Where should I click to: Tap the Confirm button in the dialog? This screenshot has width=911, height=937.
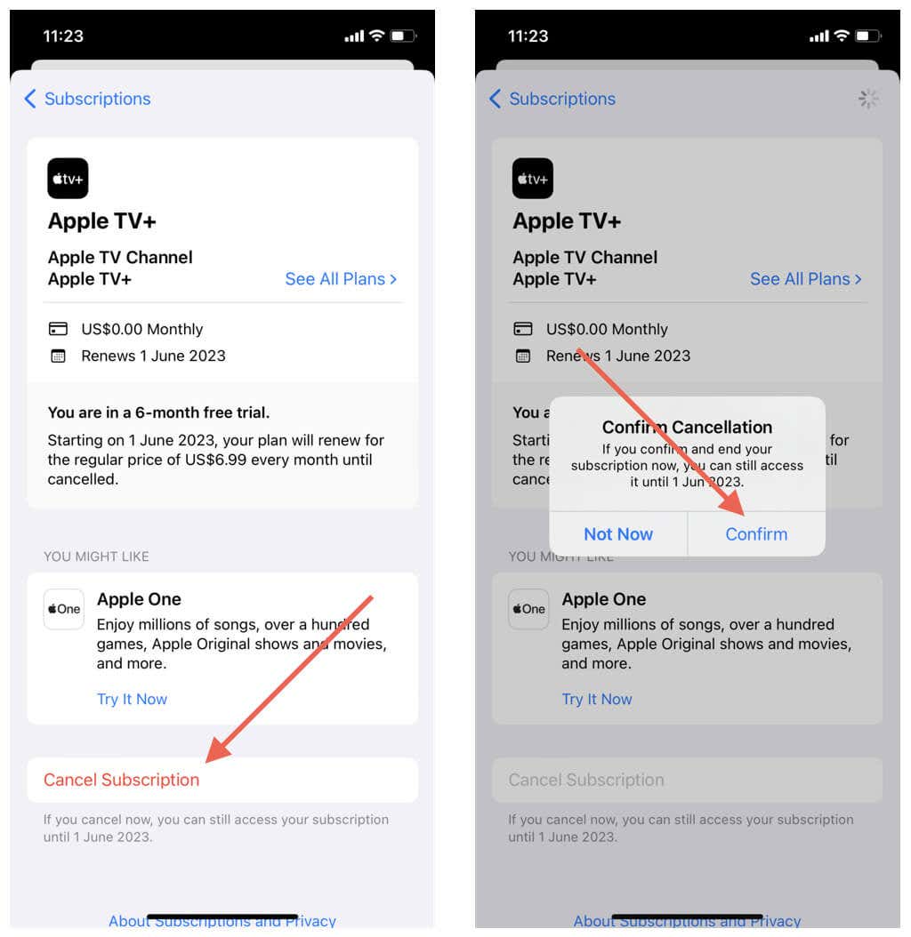tap(756, 534)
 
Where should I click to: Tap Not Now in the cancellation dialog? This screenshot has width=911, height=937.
tap(618, 534)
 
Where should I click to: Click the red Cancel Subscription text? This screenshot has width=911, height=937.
tap(122, 780)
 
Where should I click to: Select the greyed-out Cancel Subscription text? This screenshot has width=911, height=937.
tap(586, 780)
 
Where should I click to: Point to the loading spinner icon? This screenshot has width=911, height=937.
tap(868, 99)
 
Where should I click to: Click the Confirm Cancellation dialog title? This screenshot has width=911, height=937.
tap(687, 428)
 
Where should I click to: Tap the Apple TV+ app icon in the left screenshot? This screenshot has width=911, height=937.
tap(68, 179)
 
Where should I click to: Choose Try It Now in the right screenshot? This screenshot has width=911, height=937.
tap(597, 699)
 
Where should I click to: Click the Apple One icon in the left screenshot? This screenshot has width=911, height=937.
tap(64, 609)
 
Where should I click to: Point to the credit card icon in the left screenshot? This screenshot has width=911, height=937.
tap(58, 330)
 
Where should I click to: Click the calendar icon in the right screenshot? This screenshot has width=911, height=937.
tap(523, 356)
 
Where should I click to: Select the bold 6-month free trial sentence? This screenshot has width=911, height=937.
tap(158, 412)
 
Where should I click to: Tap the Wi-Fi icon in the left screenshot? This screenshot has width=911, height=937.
tap(376, 36)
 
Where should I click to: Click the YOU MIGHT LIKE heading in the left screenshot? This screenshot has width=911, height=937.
tap(96, 557)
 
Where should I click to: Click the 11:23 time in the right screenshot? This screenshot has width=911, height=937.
tap(528, 36)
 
